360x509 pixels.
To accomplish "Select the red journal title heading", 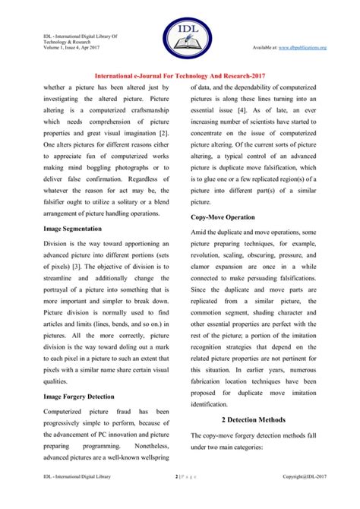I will pyautogui.click(x=180, y=75).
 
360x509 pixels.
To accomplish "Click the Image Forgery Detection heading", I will pyautogui.click(x=79, y=396).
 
